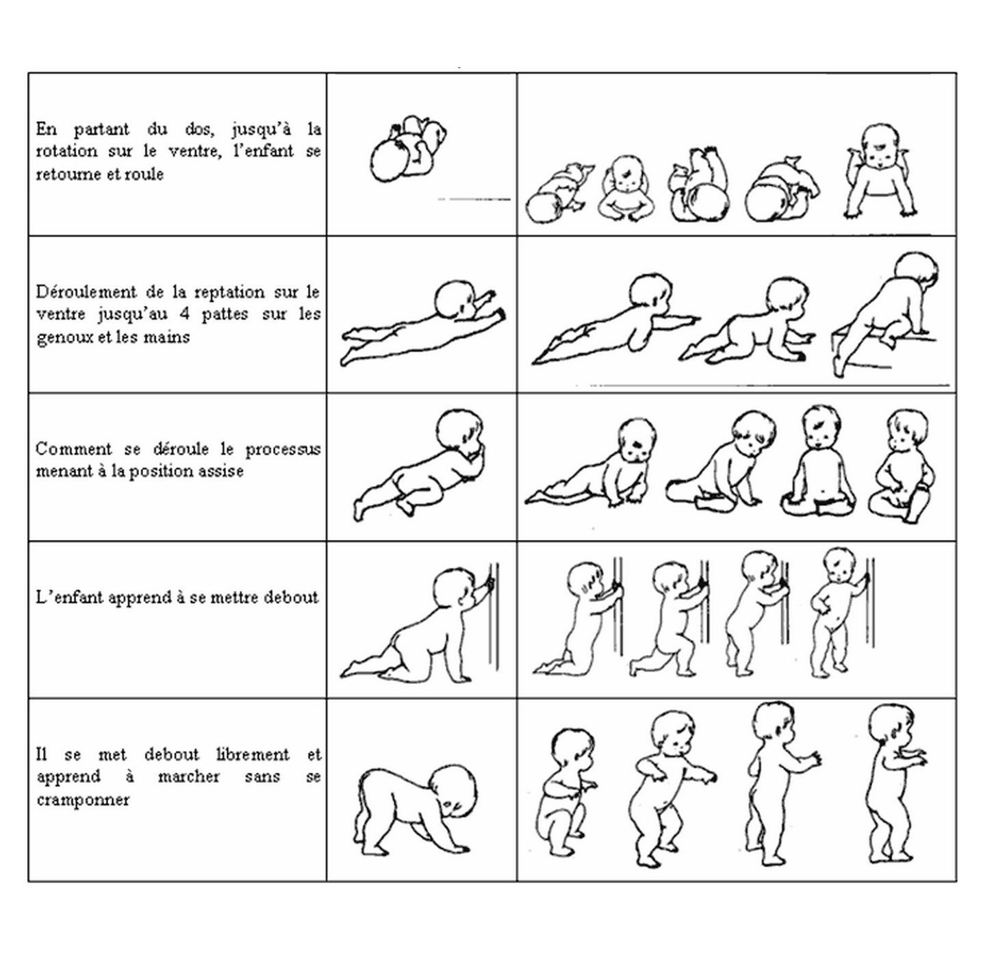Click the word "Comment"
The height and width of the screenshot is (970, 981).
(73, 448)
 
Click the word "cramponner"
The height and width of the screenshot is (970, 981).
(82, 800)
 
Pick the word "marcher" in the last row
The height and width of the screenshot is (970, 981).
(189, 777)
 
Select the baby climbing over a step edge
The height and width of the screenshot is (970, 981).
(886, 316)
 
